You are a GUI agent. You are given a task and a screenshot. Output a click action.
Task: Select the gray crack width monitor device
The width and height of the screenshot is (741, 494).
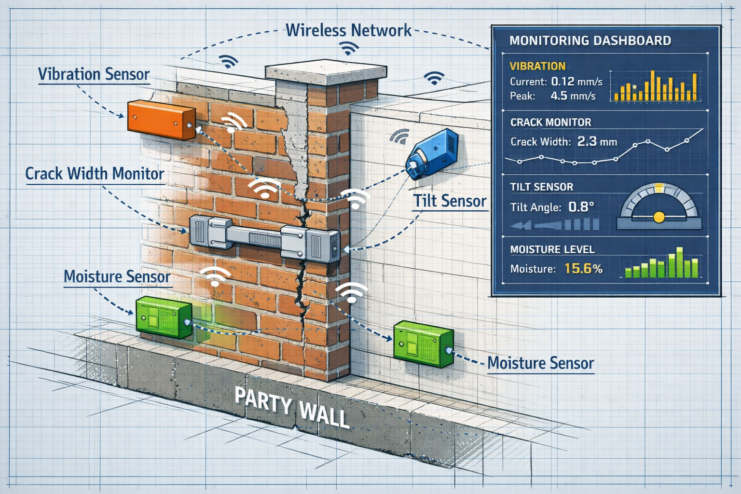point(264,239)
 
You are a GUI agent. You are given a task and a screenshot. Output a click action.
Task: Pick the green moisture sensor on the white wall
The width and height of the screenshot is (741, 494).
point(422,343)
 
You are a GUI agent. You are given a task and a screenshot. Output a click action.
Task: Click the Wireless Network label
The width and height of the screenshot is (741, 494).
point(348,30)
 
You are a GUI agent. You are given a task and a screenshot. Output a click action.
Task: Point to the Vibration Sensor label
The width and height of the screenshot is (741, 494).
point(94,74)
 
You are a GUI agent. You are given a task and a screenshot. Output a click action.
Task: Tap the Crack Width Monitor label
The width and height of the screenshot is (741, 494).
point(95,174)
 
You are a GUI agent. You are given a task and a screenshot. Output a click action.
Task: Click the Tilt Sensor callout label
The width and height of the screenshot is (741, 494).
point(450,201)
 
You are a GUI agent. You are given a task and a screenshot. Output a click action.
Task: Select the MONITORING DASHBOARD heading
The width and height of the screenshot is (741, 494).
point(590,41)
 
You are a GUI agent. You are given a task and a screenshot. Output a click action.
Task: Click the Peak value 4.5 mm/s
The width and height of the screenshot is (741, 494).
point(573,96)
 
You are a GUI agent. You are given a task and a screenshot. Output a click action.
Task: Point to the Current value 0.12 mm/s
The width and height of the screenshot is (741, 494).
point(576,82)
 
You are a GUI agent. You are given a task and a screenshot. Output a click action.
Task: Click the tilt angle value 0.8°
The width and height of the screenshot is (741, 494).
point(581,207)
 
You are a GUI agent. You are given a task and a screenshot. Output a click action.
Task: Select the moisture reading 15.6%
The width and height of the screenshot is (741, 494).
point(583,269)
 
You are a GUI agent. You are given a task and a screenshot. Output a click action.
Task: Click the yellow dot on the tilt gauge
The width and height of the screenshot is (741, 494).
point(659,217)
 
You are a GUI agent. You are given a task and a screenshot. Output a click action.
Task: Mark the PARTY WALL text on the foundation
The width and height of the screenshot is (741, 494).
point(291,406)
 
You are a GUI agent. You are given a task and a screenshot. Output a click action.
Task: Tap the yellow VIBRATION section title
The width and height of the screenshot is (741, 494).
point(537,66)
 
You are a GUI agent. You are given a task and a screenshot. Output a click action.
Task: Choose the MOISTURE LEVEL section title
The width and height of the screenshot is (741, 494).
point(552,249)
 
